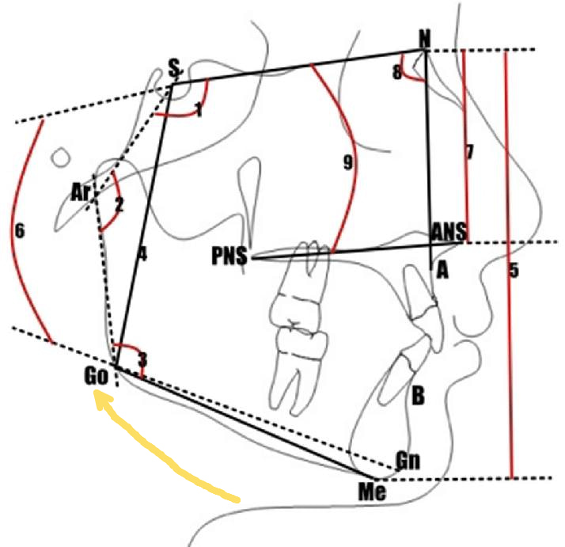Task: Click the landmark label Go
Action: click(97, 377)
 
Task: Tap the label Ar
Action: click(81, 192)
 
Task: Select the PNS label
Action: click(229, 256)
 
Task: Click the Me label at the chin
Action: click(372, 492)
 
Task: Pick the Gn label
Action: click(408, 461)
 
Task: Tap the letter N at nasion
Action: click(425, 39)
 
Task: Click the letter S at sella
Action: click(174, 68)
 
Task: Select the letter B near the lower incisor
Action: click(418, 396)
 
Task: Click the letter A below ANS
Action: click(442, 270)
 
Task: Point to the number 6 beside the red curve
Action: click(20, 231)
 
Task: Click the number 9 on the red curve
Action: click(347, 162)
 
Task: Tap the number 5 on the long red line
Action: click(514, 270)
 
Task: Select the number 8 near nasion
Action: click(396, 73)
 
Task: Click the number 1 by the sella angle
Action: click(199, 109)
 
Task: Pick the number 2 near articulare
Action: click(119, 205)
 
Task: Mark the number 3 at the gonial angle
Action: click(143, 360)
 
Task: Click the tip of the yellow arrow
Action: click(95, 393)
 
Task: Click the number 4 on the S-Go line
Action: click(143, 255)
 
